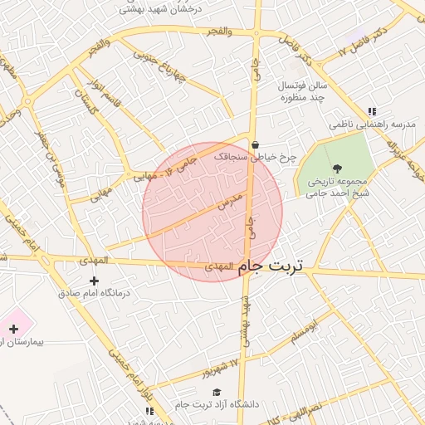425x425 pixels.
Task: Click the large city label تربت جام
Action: tap(271, 266)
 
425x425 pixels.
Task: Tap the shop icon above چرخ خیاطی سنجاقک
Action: tap(254, 144)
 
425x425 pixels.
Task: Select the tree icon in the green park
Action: tap(336, 169)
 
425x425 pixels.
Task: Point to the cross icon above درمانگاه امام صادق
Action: tap(94, 281)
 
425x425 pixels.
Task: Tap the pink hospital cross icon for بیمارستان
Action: tap(13, 329)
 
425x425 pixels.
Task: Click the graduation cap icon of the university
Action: tap(217, 392)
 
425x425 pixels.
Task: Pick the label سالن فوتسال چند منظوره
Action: tap(305, 91)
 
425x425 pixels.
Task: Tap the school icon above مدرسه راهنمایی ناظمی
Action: tap(373, 110)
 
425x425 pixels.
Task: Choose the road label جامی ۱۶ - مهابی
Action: tap(165, 165)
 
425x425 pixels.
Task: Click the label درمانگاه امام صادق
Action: tap(91, 294)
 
